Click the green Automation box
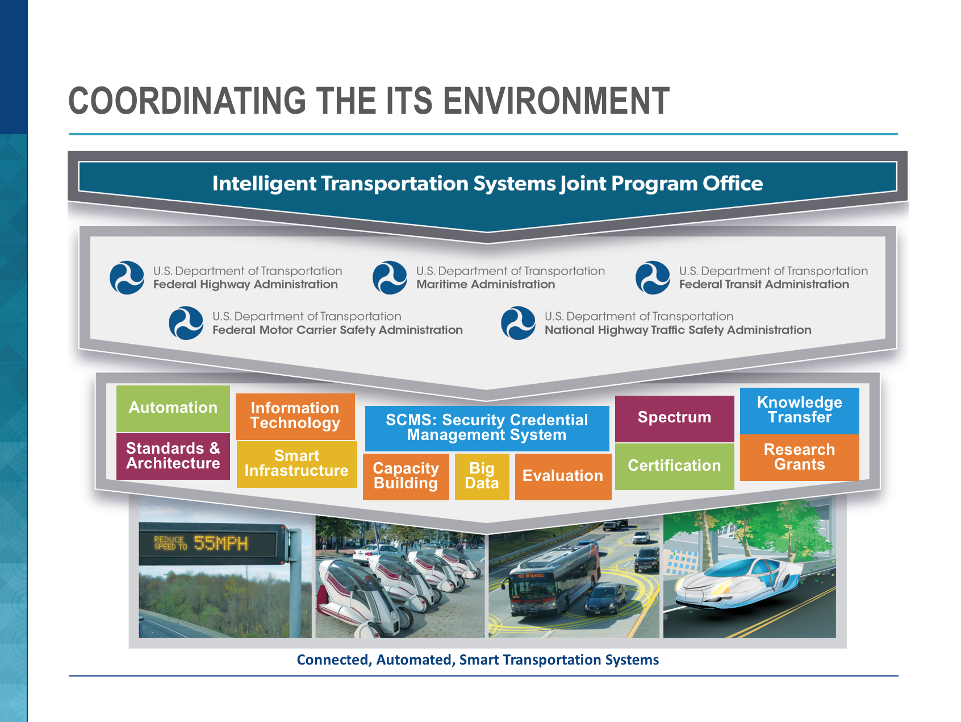pos(173,408)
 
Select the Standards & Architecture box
pos(173,456)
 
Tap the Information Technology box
pos(295,416)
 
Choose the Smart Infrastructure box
pos(296,464)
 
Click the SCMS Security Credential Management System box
pos(487,428)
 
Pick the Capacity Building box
pos(406,476)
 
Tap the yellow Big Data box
pos(482,476)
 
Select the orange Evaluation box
pos(563,476)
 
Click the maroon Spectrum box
pos(675,418)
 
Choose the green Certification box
pos(675,466)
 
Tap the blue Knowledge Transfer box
pos(800,410)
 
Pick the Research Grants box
pos(800,458)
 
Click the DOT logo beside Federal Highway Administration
pos(127,277)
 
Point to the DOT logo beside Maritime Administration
pos(390,277)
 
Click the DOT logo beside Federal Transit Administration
pos(653,277)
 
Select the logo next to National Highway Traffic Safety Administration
pos(518,323)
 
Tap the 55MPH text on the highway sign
pos(221,543)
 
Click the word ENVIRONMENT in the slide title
pos(556,101)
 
